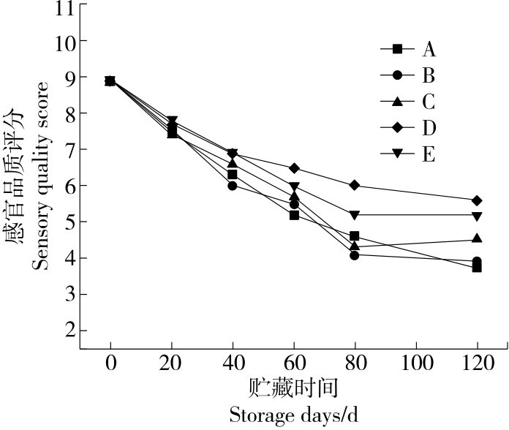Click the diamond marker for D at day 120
[x=477, y=200]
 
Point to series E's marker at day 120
[x=477, y=216]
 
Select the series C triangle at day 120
[x=477, y=238]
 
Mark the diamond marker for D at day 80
[x=355, y=186]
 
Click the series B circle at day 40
[x=233, y=186]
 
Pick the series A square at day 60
[x=294, y=215]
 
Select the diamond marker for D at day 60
[x=294, y=168]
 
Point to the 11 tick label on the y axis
[x=64, y=8]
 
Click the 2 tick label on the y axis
[x=70, y=331]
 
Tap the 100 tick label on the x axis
[x=415, y=363]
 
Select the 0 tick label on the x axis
[x=110, y=363]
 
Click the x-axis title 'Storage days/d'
[x=294, y=415]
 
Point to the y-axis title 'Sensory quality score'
[x=42, y=176]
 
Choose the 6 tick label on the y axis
[x=70, y=186]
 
